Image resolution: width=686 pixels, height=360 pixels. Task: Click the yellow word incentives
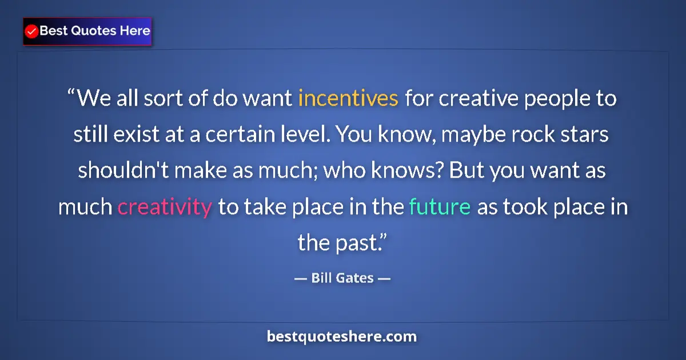(x=348, y=99)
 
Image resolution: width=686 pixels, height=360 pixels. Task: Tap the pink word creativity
(x=164, y=207)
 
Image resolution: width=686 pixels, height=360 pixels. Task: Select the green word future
(x=440, y=207)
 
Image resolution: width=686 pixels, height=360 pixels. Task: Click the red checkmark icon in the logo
(x=32, y=31)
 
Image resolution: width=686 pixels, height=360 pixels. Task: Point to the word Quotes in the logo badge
(x=93, y=31)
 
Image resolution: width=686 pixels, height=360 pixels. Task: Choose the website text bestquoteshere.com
(x=342, y=336)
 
